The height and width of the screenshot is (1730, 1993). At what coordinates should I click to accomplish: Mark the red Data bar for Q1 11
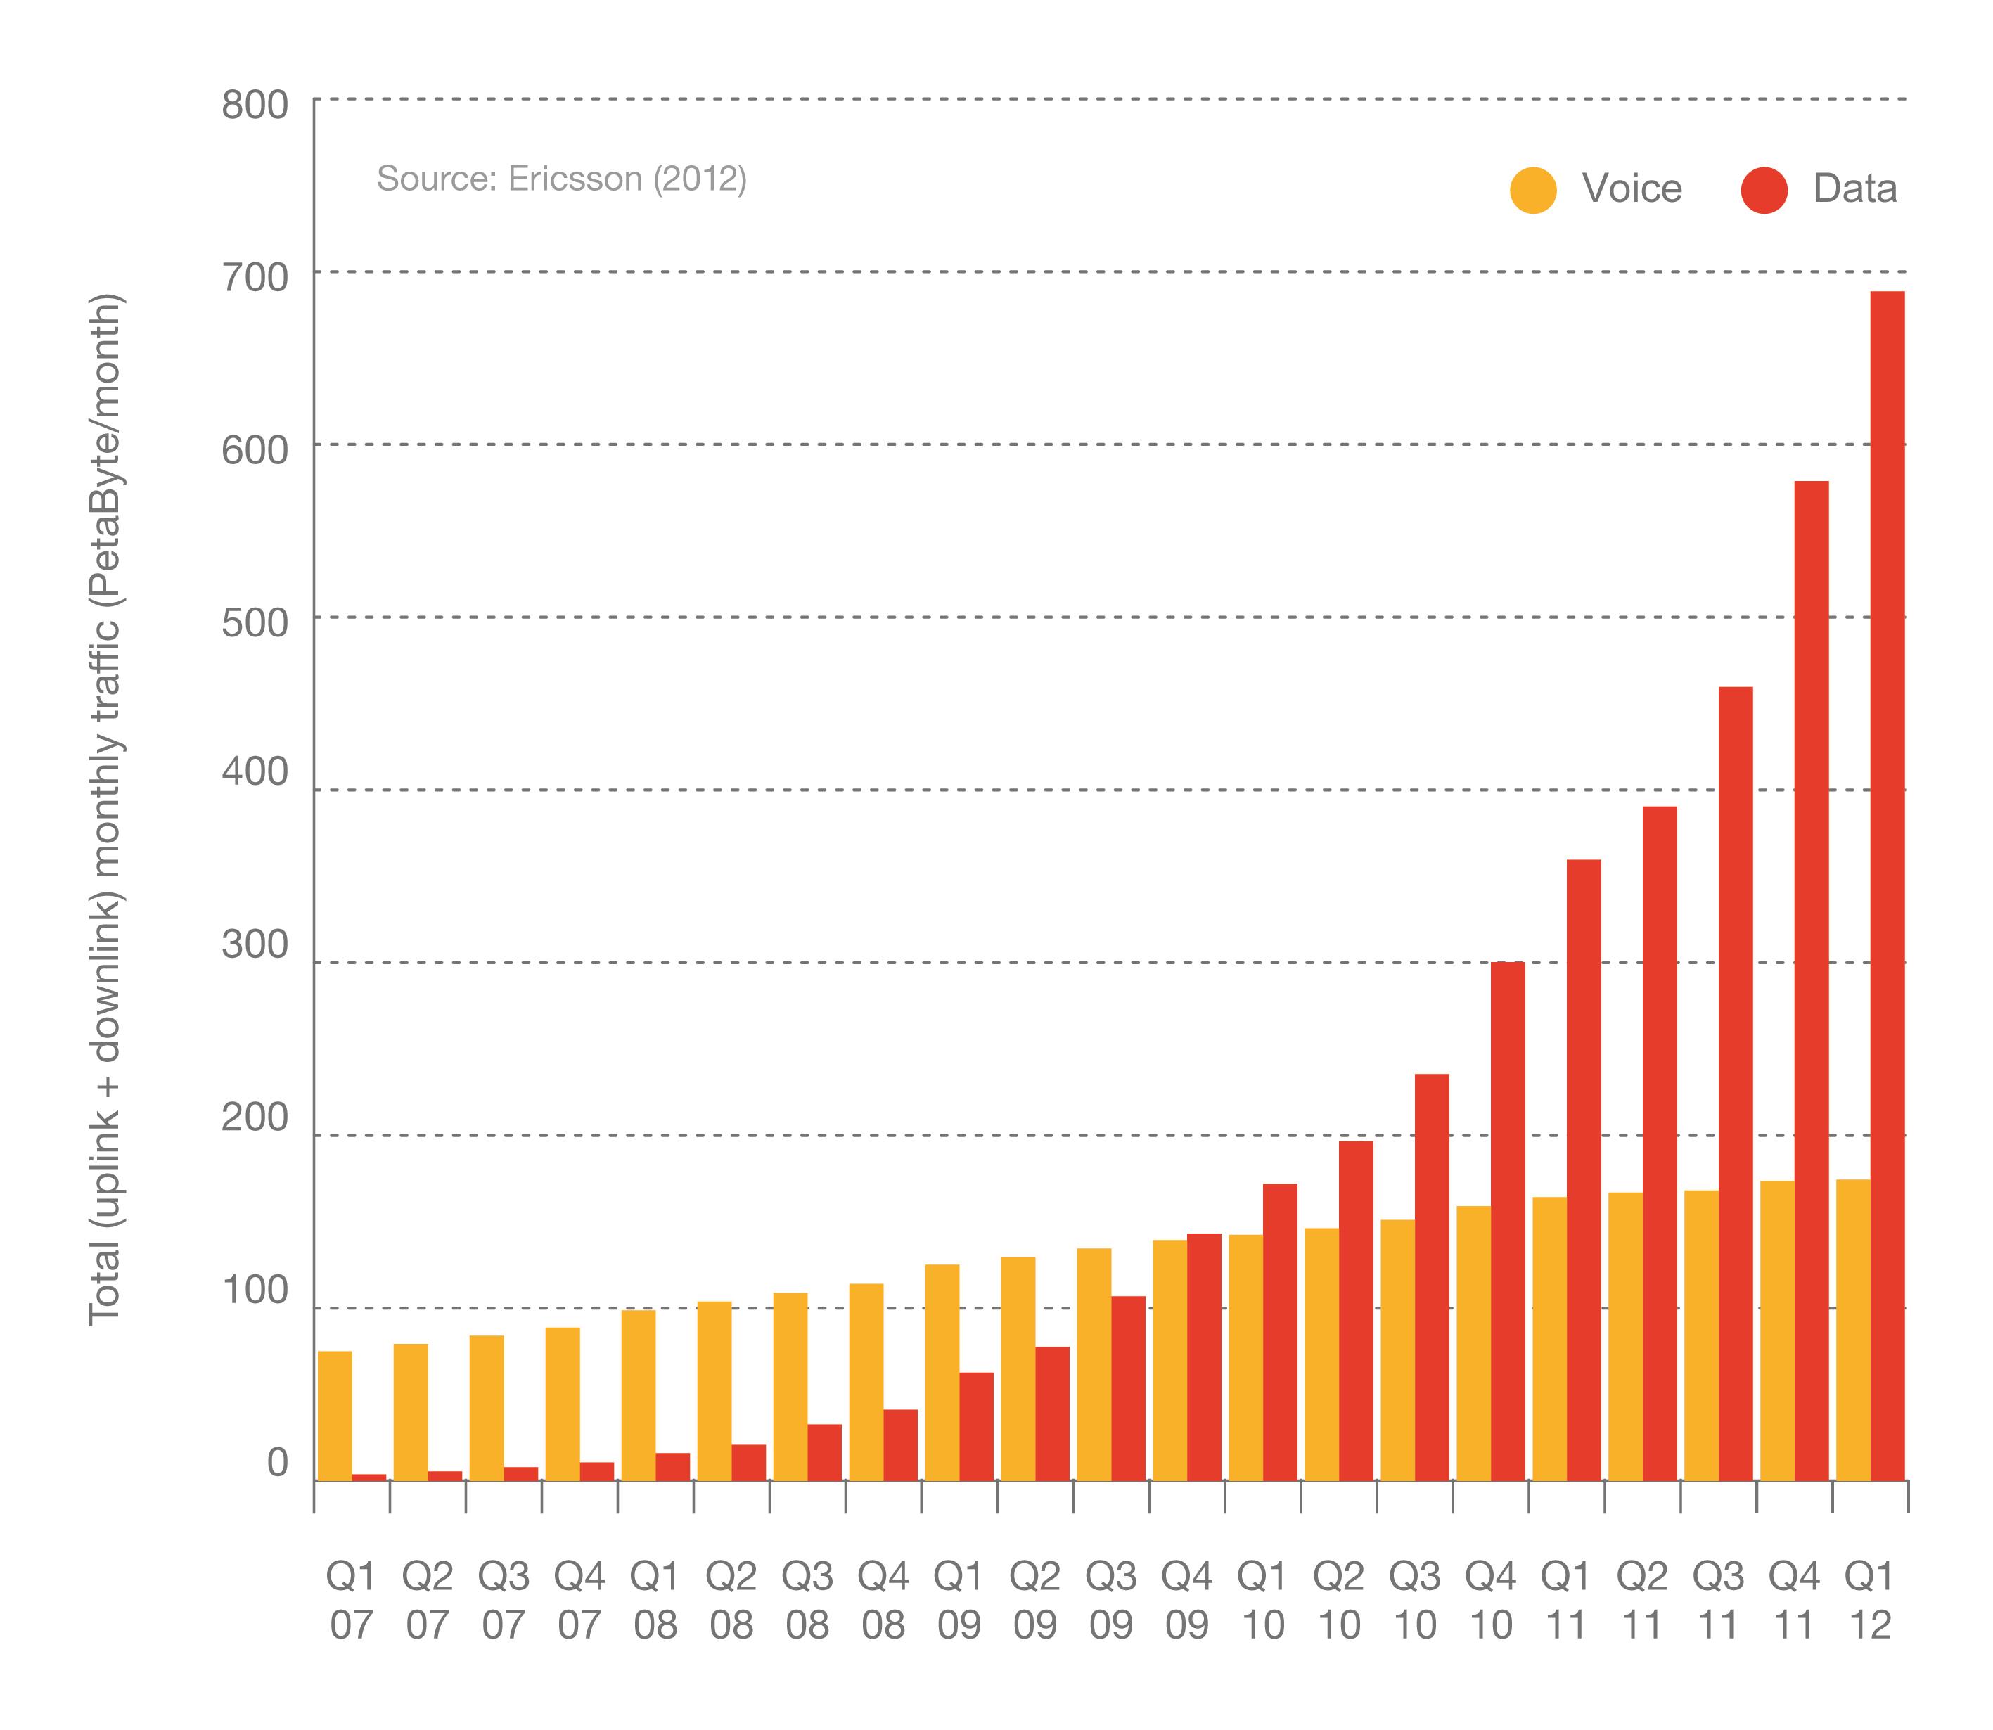(1583, 1169)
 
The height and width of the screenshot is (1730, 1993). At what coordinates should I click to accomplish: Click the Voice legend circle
(1532, 189)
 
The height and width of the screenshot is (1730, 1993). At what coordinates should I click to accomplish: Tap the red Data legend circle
(1764, 189)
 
